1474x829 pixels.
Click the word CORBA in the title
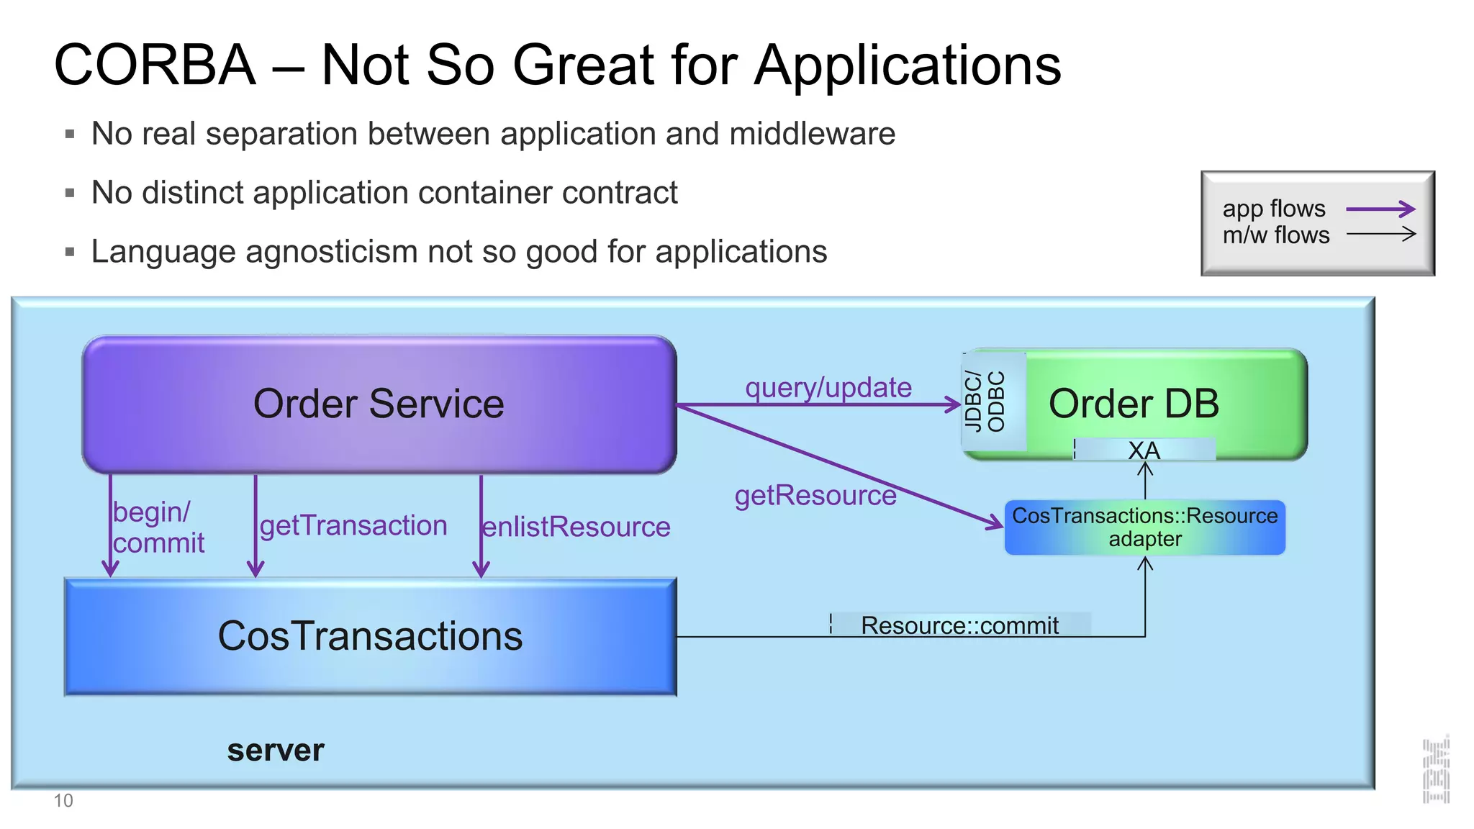[155, 65]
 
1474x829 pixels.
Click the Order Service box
[379, 404]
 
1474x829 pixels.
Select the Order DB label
[1134, 404]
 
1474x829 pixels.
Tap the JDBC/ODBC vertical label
[984, 402]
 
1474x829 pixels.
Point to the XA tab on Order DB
[1144, 450]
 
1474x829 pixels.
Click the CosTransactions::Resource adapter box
[1144, 527]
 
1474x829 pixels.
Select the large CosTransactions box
[370, 637]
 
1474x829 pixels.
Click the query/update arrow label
[828, 388]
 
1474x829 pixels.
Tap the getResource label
[815, 496]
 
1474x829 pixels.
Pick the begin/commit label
[158, 527]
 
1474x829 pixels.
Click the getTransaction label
[353, 526]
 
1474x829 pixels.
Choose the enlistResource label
[576, 527]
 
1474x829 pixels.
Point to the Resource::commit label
[959, 625]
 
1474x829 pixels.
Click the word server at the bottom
[276, 751]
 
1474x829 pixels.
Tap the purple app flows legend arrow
[1380, 209]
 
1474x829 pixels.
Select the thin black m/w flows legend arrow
[1380, 234]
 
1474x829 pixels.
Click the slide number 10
[63, 801]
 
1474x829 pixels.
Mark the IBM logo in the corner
[1436, 770]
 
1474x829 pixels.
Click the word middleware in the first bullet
[812, 134]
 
